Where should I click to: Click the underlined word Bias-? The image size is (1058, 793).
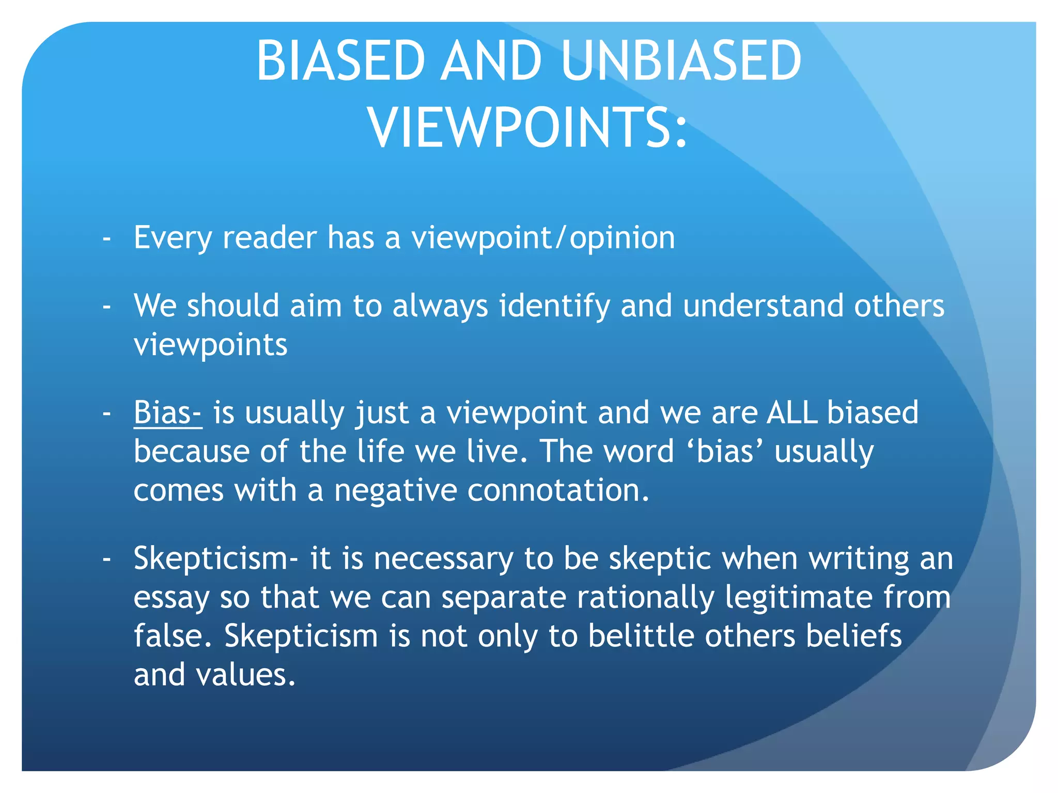coord(167,413)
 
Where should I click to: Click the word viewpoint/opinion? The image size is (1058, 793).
coord(543,239)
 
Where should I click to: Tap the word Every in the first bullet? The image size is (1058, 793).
coord(173,239)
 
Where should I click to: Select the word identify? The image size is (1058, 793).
coord(554,306)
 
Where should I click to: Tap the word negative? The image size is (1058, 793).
coord(395,490)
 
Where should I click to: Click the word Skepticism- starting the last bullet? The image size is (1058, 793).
coord(216,559)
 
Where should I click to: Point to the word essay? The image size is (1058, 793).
coord(171,598)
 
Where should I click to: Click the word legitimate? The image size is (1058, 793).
coord(798,598)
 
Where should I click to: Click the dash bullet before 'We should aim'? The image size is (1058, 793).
coord(107,307)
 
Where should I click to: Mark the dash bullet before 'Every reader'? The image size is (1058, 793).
coord(107,239)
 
